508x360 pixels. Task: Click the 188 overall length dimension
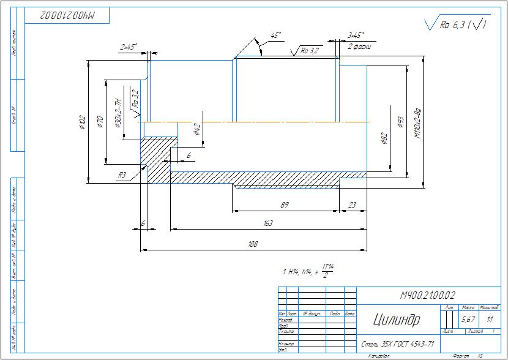point(253,244)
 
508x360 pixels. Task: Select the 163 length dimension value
point(267,223)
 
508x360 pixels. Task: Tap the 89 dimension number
point(284,204)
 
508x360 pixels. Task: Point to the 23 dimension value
point(352,204)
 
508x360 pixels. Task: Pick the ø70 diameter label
point(100,121)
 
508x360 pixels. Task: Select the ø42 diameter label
point(196,129)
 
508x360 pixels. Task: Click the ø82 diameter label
point(384,138)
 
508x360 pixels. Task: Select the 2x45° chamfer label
point(129,47)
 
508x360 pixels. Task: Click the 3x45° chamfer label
point(356,36)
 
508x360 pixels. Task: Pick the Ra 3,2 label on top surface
point(310,50)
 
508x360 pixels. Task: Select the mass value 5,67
point(468,320)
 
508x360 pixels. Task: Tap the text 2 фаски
point(357,47)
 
